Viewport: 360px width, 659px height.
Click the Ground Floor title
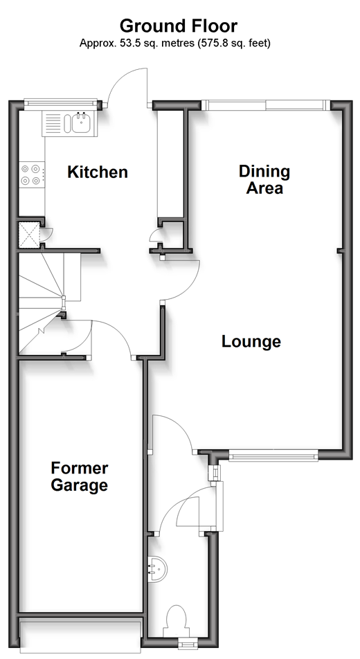(179, 26)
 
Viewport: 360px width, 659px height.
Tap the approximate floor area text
(175, 43)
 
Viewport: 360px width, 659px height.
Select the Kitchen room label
(98, 172)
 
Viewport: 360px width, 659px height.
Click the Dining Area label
(264, 179)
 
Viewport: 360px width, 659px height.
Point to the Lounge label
(251, 341)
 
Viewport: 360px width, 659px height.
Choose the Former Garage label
(80, 476)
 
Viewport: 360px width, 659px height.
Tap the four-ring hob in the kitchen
(33, 175)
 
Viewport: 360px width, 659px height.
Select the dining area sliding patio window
(265, 105)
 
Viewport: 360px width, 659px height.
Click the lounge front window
(273, 455)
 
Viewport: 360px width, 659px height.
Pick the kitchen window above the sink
(60, 103)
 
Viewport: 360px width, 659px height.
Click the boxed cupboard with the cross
(29, 234)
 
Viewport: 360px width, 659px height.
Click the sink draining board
(53, 123)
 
